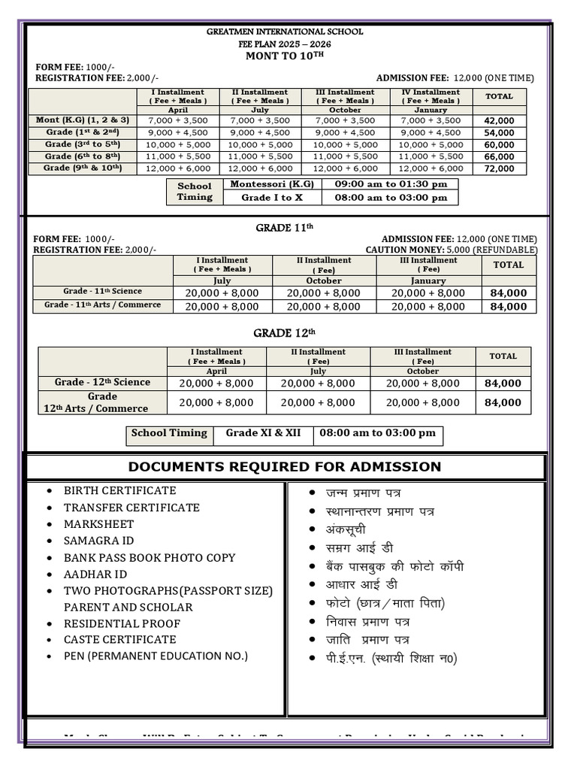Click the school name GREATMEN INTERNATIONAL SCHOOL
coord(285,32)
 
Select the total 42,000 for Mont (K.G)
coord(499,120)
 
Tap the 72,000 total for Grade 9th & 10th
coord(499,168)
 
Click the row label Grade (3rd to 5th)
coord(83,144)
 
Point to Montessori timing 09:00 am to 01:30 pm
coord(390,184)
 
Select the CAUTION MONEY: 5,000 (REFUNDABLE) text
coord(451,250)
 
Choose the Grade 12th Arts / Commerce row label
coord(102,402)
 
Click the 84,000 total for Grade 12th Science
coord(503,383)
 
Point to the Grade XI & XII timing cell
coord(263,433)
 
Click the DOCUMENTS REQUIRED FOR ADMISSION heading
coord(285,467)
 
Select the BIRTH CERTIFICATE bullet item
coord(119,490)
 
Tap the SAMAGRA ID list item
coord(98,541)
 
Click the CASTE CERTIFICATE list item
coord(119,639)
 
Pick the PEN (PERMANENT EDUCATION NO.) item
coord(156,656)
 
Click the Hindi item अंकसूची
coord(346,529)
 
